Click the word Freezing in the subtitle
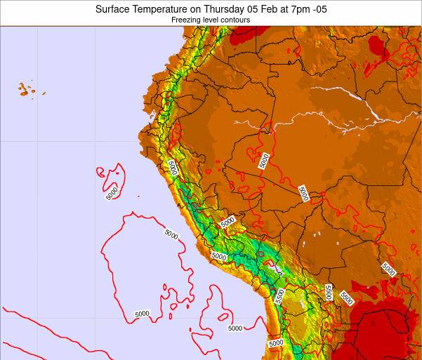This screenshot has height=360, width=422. tap(186, 20)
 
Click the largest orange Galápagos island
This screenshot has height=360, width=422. tap(25, 89)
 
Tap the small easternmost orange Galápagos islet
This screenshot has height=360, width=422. tap(43, 93)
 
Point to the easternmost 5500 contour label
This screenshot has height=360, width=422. tap(346, 298)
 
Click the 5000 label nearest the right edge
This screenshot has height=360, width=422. tap(388, 269)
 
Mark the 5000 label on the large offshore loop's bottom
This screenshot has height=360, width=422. tap(142, 314)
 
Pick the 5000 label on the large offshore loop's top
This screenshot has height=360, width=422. tap(171, 234)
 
